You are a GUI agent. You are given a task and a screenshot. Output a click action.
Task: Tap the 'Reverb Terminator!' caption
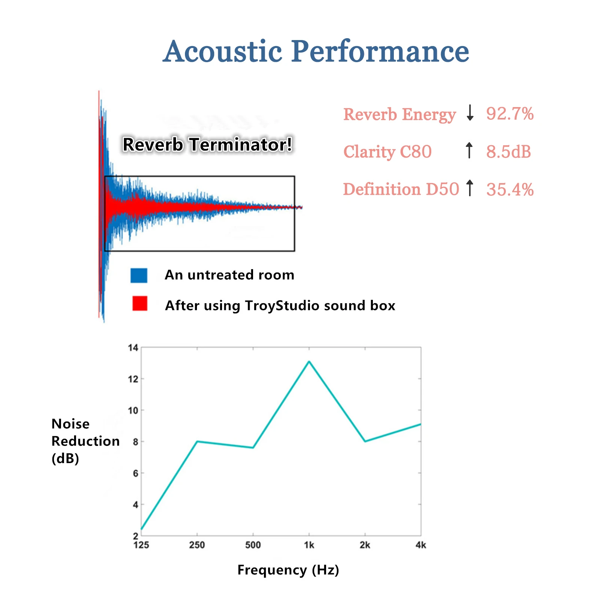[207, 145]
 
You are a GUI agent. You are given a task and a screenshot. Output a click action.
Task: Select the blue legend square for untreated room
[139, 275]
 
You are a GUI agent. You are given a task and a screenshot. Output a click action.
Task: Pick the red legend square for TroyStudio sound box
[140, 303]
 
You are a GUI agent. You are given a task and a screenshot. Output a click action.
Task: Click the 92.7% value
[510, 114]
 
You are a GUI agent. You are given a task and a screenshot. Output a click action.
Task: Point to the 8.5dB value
[508, 152]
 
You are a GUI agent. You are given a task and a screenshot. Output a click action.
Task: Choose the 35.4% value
[510, 189]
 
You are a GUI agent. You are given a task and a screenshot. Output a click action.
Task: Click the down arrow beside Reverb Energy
[470, 113]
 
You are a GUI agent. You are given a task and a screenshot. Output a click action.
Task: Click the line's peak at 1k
[309, 362]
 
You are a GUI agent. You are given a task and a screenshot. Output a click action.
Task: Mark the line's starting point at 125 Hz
[142, 529]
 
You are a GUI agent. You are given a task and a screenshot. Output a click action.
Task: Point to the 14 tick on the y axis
[133, 348]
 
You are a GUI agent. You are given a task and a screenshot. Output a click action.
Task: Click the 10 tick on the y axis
[133, 411]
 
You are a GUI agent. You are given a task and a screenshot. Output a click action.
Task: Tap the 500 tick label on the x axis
[253, 545]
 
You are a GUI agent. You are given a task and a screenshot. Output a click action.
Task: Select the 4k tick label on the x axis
[421, 545]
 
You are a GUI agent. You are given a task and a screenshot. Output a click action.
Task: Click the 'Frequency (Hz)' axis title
[288, 570]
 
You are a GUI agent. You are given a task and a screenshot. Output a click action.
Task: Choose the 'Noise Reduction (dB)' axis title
[85, 441]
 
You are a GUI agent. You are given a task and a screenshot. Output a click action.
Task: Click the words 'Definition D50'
[401, 189]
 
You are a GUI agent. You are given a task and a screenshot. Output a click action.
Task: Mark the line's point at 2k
[365, 441]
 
